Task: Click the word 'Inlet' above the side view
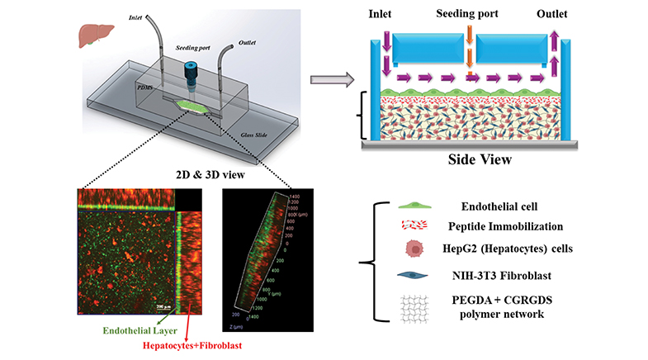[x=388, y=14]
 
